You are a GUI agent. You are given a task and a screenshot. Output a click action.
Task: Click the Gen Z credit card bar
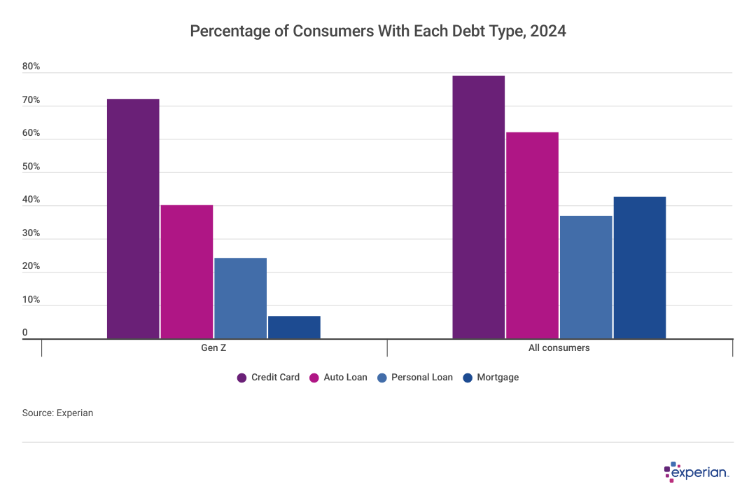133,219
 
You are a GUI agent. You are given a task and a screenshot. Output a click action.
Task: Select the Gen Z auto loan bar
187,272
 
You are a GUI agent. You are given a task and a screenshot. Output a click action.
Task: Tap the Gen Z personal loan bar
241,298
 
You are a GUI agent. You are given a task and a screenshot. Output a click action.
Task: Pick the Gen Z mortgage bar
294,327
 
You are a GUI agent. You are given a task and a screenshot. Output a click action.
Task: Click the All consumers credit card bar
478,207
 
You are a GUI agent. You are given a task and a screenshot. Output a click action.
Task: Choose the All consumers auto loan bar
532,235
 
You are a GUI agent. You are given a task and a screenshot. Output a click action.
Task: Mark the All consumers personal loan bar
586,277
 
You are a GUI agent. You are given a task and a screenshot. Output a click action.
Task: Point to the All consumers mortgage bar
640,268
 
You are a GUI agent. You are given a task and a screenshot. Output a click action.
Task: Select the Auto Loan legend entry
338,378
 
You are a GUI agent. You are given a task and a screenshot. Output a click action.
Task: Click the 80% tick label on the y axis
31,67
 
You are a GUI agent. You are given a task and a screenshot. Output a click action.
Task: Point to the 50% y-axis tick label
31,167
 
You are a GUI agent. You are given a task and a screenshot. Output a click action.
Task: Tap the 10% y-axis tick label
31,301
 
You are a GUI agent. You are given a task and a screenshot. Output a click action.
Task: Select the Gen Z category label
213,348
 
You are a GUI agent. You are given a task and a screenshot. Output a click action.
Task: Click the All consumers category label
559,348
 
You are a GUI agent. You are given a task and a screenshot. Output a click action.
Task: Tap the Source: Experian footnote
57,413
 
